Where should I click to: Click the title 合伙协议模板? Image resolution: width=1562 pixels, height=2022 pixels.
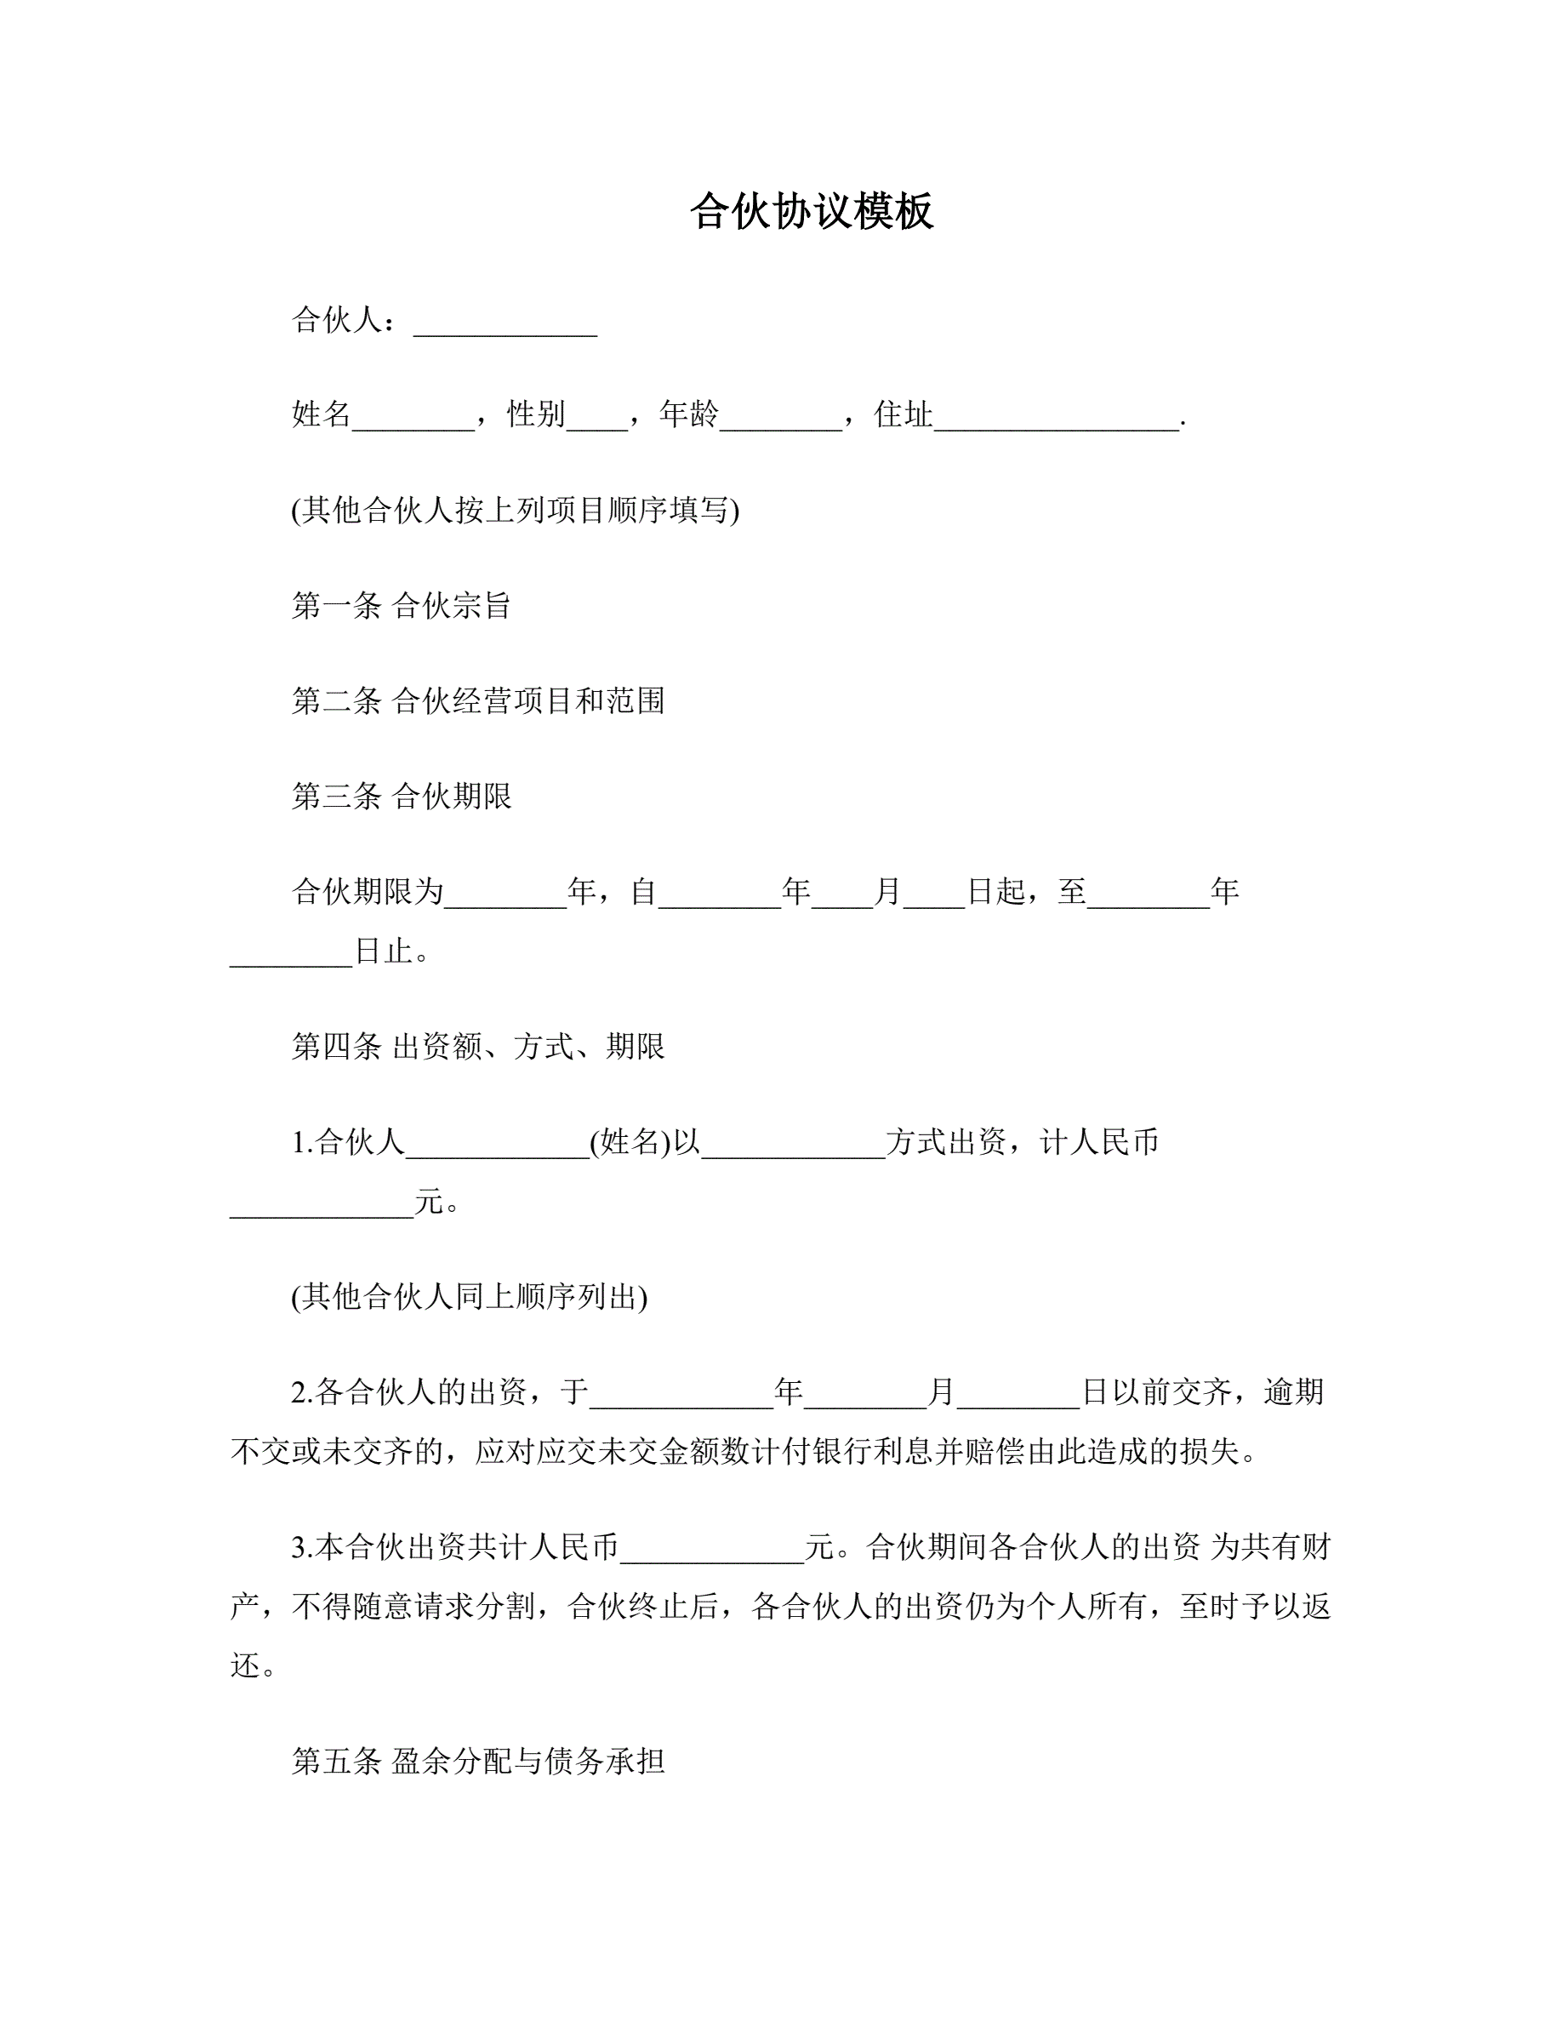pyautogui.click(x=812, y=212)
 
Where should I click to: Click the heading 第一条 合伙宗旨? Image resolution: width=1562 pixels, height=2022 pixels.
pyautogui.click(x=401, y=607)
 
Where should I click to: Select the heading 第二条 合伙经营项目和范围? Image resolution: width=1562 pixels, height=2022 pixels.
pyautogui.click(x=478, y=701)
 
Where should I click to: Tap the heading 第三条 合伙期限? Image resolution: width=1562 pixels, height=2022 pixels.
pyautogui.click(x=401, y=797)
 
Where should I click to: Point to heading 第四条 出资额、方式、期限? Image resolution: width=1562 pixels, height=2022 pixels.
pyautogui.click(x=478, y=1047)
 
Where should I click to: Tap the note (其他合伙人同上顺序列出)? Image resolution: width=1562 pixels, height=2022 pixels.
pyautogui.click(x=469, y=1297)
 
